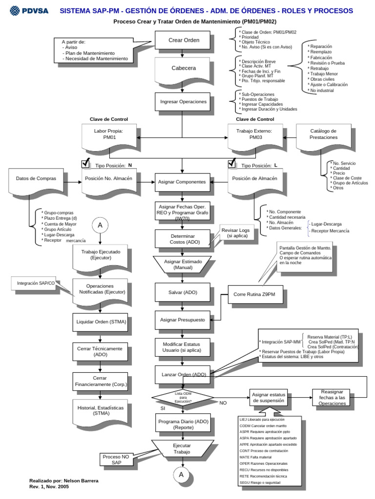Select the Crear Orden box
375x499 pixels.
coord(184,40)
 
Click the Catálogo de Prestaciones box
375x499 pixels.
coord(323,134)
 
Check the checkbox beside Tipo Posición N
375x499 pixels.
coord(85,163)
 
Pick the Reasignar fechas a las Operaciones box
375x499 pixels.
coord(332,397)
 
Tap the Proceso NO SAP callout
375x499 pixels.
coord(116,459)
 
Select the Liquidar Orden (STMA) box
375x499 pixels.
coord(101,322)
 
